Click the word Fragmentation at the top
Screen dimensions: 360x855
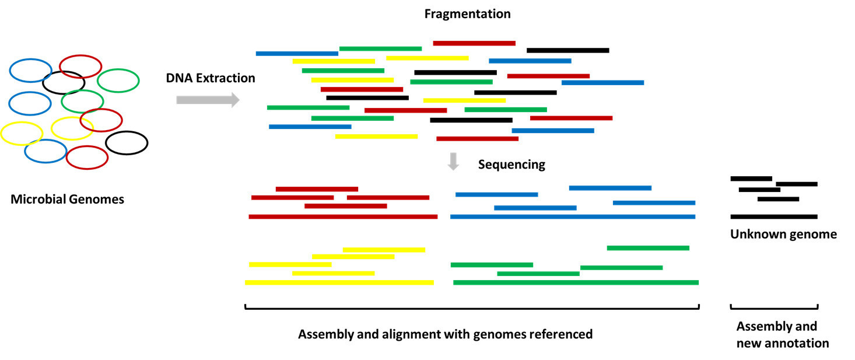tap(467, 14)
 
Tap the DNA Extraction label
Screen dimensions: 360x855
tap(211, 78)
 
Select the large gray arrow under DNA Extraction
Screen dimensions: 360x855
tap(208, 100)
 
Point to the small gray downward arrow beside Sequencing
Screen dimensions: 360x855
tap(453, 162)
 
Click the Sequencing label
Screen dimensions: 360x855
tap(511, 165)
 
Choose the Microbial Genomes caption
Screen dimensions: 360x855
tap(67, 200)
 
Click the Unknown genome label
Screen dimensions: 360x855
tap(783, 235)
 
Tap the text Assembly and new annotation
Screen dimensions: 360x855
tap(782, 334)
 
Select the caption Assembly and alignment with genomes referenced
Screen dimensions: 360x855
tap(445, 334)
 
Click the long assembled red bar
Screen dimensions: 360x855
tap(343, 217)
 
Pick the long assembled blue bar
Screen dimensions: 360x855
tap(573, 217)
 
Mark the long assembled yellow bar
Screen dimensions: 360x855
tap(339, 282)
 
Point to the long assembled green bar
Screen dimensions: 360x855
tap(576, 282)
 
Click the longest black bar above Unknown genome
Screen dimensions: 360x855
tap(774, 216)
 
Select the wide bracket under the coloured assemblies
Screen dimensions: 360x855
tap(471, 307)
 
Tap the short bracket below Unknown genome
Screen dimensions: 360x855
tap(774, 307)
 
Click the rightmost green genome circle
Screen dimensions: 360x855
tap(118, 81)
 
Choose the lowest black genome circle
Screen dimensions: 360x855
tap(127, 143)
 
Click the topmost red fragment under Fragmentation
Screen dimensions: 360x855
tap(474, 43)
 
